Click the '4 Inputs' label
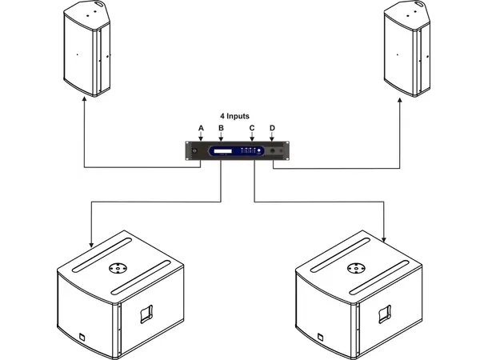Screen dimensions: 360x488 tap(234, 116)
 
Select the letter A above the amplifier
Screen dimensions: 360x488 tap(201, 128)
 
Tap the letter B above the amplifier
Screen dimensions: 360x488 tap(221, 128)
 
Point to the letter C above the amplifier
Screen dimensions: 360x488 tap(252, 128)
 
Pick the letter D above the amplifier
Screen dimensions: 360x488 tap(272, 128)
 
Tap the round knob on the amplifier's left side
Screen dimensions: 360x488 tap(194, 151)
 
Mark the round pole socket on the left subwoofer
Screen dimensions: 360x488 tap(117, 269)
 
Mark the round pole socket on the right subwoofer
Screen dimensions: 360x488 tap(356, 269)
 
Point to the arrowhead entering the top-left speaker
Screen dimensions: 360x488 tap(83, 102)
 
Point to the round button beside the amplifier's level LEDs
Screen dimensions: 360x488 tap(272, 151)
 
